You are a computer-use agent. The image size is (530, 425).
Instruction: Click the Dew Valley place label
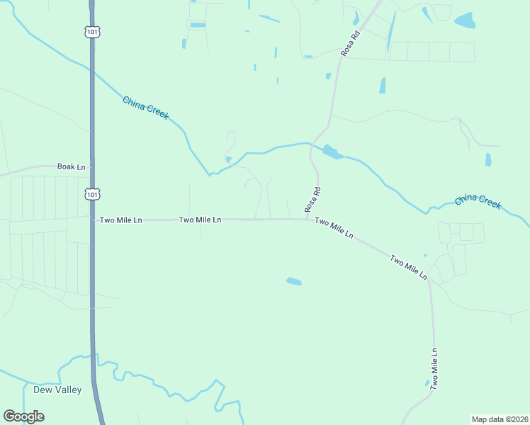tap(57, 390)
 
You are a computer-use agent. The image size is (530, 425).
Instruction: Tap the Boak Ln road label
tap(71, 166)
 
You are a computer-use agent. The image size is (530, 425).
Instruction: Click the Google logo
tap(23, 416)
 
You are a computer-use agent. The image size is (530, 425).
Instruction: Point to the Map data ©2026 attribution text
tap(499, 419)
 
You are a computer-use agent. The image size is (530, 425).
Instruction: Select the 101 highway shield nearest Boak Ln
tap(91, 193)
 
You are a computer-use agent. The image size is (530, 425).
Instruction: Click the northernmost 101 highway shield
tap(91, 31)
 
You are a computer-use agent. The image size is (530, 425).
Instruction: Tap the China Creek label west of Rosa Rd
tap(145, 108)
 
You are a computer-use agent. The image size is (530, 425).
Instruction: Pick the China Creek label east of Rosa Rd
tap(478, 201)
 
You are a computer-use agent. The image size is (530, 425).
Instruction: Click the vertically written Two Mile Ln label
tap(434, 368)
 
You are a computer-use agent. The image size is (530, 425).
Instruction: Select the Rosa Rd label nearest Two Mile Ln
tap(313, 199)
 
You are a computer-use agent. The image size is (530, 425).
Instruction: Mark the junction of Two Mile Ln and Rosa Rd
tap(308, 219)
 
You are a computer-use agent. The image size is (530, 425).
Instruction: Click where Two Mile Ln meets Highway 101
tap(92, 220)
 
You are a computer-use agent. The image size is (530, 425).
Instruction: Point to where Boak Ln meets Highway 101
tap(91, 167)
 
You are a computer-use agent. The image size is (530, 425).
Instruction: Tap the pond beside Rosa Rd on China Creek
tap(331, 152)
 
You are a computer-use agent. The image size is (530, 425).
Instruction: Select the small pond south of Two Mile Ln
tap(293, 281)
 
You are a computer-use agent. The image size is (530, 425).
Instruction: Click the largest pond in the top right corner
tap(465, 20)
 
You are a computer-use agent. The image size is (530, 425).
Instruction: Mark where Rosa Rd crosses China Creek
tap(311, 144)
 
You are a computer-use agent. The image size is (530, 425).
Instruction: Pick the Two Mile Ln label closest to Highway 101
tap(120, 220)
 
